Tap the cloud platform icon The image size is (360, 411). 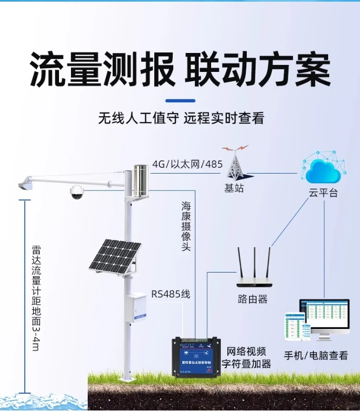[325, 168]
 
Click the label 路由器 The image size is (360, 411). [253, 299]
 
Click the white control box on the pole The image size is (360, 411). [137, 307]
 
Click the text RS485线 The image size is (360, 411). [171, 294]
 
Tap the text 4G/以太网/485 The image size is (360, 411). [187, 164]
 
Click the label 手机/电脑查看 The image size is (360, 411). [316, 355]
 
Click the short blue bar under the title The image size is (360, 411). [180, 100]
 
